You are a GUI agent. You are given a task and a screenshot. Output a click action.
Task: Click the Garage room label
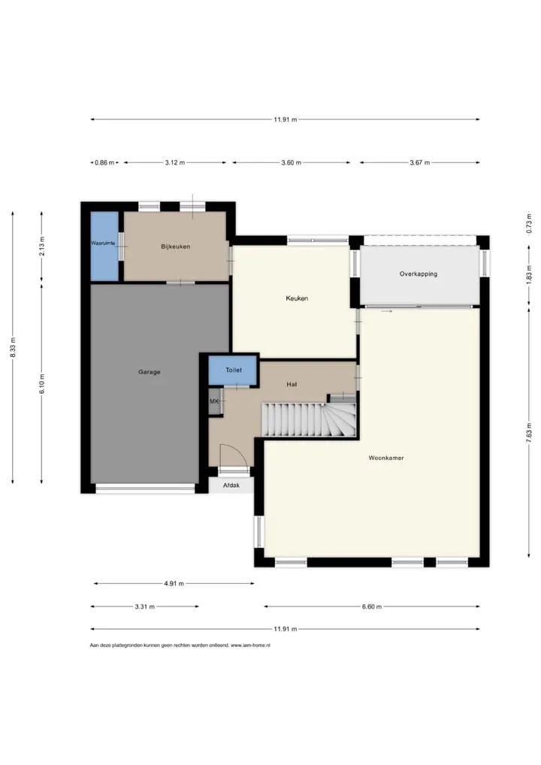pos(150,372)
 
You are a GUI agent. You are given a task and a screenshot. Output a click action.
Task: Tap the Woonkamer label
pos(386,458)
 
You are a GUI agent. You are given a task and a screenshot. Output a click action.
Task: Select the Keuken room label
pos(297,298)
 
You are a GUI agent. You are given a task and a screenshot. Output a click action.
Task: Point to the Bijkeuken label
pos(176,246)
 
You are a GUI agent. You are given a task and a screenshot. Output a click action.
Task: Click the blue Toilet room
pos(233,370)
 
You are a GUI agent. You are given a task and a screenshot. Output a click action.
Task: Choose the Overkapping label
pos(418,274)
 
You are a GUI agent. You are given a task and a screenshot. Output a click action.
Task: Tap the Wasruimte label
pos(103,243)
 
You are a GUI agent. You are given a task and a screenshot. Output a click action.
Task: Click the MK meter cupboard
pos(215,401)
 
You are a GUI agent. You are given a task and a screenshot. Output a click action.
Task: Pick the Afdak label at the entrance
pos(231,485)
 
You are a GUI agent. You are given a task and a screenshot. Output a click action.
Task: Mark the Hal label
pos(292,385)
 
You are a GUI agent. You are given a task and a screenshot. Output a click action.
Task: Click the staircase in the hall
pos(310,419)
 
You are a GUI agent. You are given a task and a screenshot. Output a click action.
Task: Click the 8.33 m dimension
pos(13,347)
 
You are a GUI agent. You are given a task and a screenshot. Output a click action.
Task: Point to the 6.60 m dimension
pos(372,606)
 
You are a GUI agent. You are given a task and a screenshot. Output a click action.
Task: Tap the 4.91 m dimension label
pos(174,583)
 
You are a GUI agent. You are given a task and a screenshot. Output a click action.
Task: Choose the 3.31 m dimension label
pos(145,606)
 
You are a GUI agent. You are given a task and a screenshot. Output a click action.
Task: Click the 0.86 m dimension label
pos(105,162)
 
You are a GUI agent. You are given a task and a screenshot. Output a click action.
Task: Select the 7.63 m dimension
pos(529,433)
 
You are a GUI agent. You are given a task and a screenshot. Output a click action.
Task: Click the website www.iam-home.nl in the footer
pos(250,645)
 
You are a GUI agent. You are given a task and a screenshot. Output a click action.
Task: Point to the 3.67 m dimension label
pos(419,162)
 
